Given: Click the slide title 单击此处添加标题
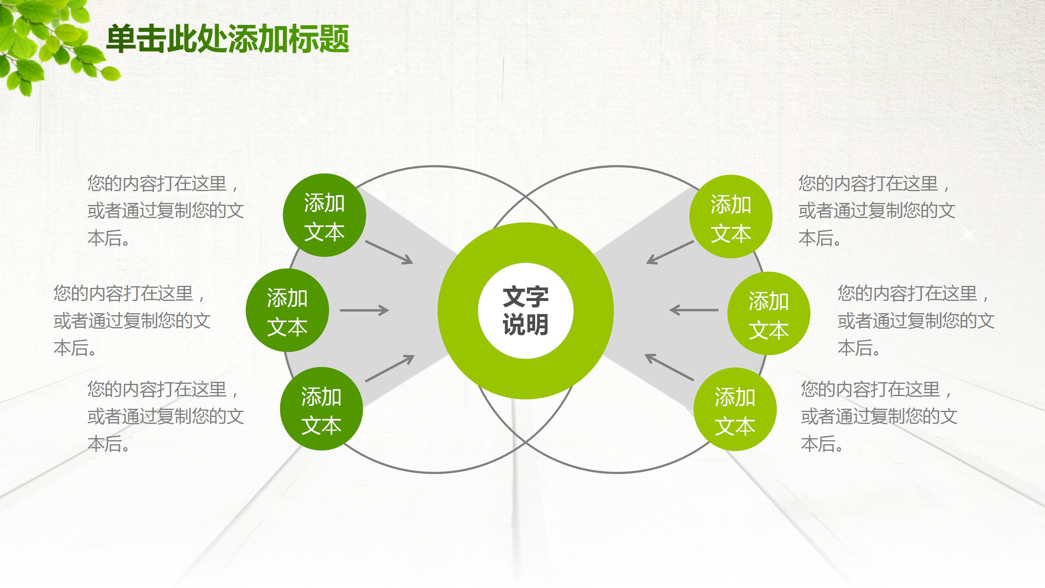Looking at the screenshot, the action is (x=228, y=39).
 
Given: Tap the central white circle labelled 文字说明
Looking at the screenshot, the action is (x=526, y=311).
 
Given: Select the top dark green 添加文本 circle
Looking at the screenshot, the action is (x=325, y=215).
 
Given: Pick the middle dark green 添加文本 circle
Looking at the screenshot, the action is (x=287, y=310).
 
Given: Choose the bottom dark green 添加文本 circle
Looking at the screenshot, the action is (x=322, y=409).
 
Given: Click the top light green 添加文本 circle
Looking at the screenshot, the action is (x=731, y=216).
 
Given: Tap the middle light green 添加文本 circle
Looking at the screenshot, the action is (x=769, y=313).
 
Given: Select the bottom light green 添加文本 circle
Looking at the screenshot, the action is (x=735, y=409).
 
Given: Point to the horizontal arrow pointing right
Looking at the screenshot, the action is (x=365, y=310).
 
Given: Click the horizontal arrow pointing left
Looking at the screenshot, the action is (x=694, y=310).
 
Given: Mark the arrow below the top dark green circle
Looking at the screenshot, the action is (x=389, y=252).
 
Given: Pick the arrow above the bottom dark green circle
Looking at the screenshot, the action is (x=390, y=368).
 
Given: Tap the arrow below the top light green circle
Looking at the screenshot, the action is (x=670, y=252).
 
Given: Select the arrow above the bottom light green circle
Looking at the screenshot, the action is (x=669, y=367).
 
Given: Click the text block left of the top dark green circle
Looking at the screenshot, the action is (x=165, y=211).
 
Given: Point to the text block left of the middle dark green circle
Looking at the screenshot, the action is (x=132, y=321).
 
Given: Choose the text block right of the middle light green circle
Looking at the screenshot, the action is (x=916, y=321).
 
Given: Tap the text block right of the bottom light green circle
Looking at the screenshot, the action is (x=879, y=416).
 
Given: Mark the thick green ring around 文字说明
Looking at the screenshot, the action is (x=526, y=311).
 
